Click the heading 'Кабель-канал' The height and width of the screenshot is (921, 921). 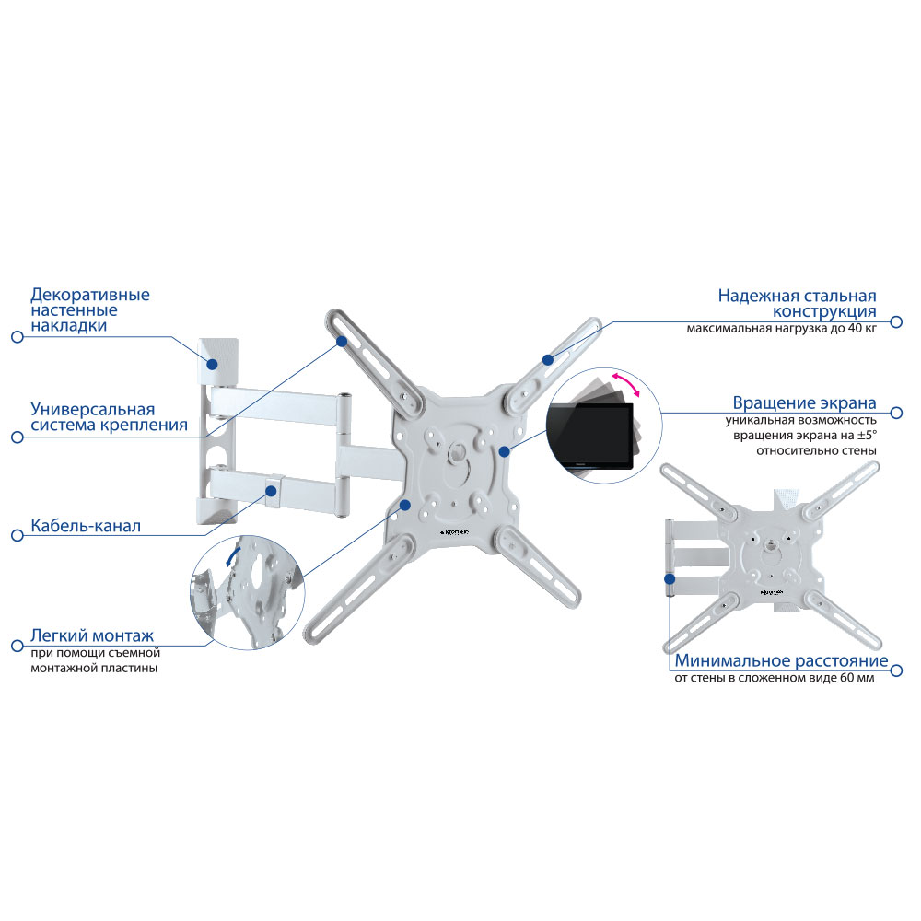coord(86,526)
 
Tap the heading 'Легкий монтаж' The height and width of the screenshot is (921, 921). coord(92,635)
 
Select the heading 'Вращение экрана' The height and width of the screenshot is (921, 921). coord(804,403)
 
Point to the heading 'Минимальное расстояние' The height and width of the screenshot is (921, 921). coord(781,660)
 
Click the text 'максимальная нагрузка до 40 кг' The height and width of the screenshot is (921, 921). coord(781,329)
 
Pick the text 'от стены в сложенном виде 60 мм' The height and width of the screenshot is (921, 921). coord(775,678)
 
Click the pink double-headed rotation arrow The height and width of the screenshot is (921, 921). coord(625,383)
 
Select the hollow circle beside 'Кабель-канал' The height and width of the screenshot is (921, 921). coord(17,536)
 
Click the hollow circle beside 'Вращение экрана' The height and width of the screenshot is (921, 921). coord(896,413)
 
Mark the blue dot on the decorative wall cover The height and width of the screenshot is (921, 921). coord(213,364)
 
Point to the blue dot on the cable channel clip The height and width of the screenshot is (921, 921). coord(272,490)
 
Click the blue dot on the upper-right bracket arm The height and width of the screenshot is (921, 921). coord(548,359)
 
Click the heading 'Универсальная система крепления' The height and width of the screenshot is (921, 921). coord(110,417)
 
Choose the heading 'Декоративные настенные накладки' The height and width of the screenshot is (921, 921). coord(90,310)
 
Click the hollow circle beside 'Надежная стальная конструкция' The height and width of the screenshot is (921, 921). coord(896,321)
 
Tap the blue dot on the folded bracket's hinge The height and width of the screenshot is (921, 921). coord(670,579)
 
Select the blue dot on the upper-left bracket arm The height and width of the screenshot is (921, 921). coord(342,342)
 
